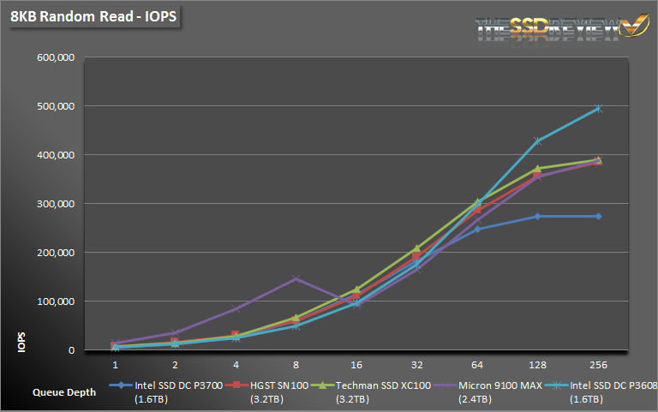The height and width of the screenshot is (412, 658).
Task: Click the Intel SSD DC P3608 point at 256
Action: (598, 108)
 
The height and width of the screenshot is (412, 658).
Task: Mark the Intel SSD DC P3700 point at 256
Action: (598, 216)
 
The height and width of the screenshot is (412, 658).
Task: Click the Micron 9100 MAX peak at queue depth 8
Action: (296, 278)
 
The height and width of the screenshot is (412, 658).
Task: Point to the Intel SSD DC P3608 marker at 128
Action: (538, 140)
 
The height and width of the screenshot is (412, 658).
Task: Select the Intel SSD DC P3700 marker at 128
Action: (538, 216)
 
